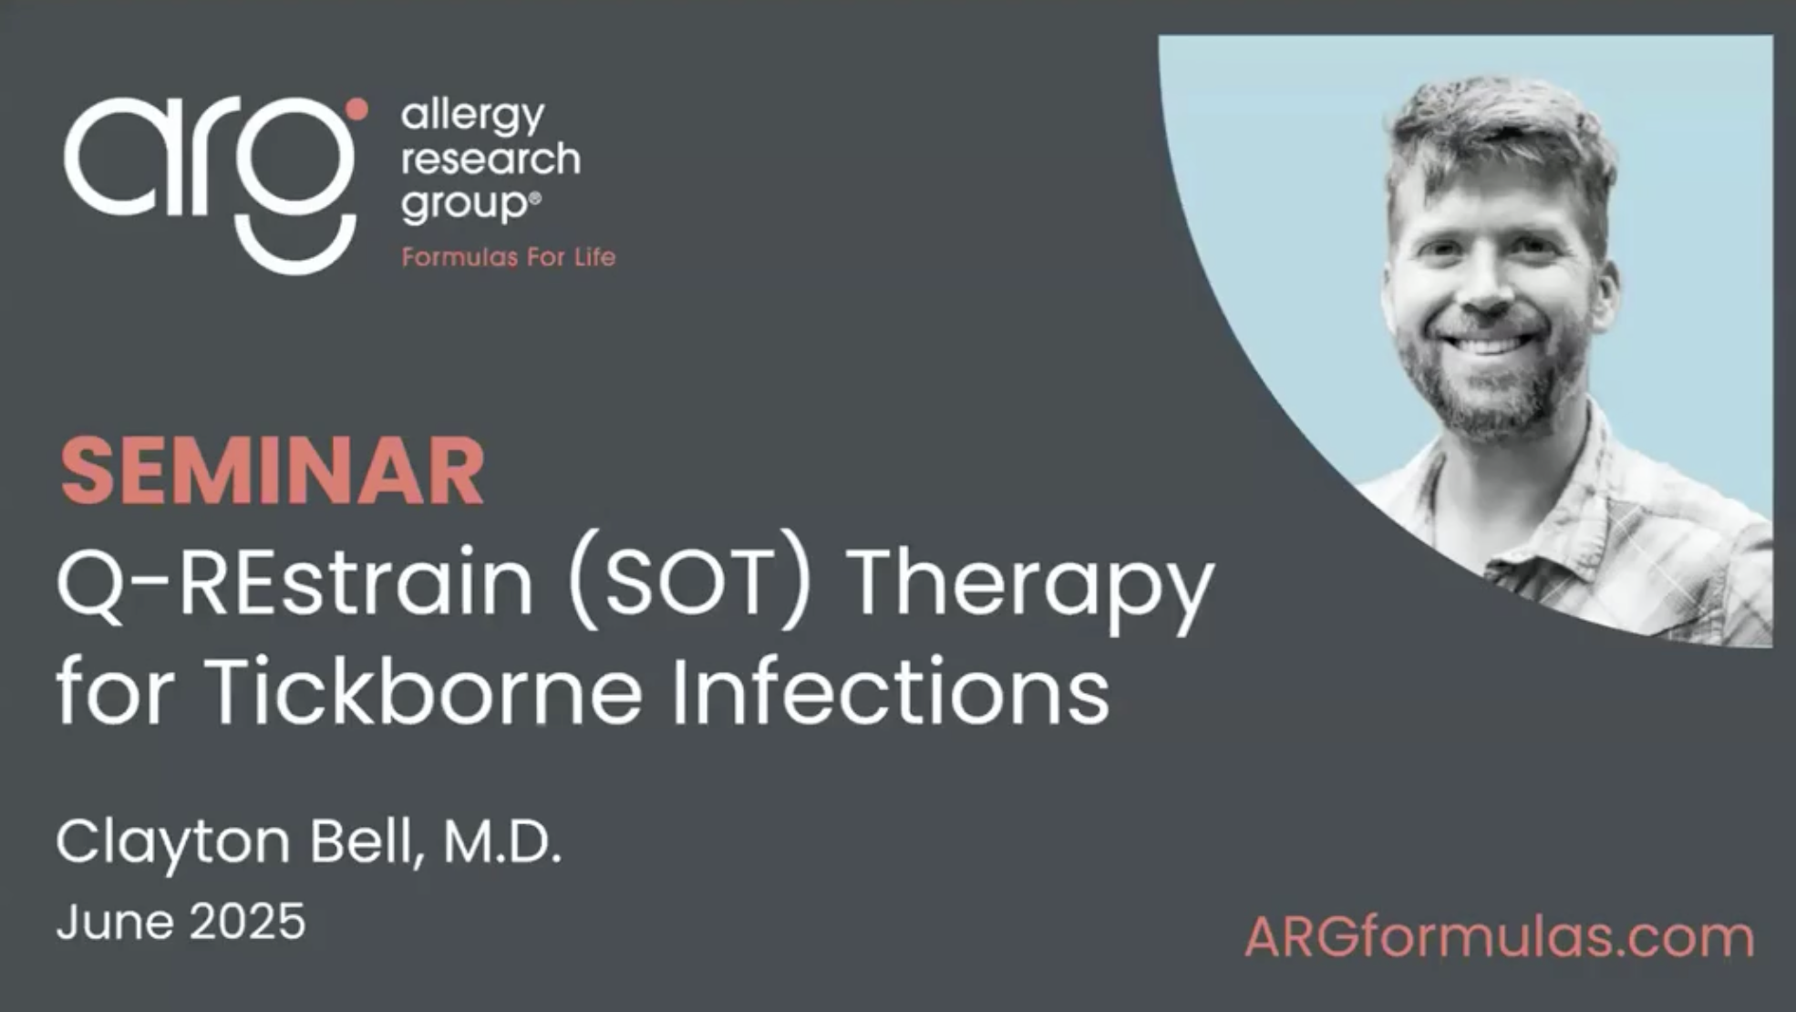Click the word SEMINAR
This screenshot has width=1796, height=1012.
point(272,471)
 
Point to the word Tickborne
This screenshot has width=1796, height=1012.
point(424,689)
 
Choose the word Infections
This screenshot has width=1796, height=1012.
point(892,689)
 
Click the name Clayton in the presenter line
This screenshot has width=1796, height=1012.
point(173,843)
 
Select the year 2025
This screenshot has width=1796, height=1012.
point(248,922)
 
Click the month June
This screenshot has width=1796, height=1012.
point(115,922)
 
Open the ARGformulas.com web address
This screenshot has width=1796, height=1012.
point(1500,937)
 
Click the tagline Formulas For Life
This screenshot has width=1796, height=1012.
point(509,258)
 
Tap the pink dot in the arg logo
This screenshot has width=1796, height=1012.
point(356,109)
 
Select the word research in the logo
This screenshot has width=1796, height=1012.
point(490,160)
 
